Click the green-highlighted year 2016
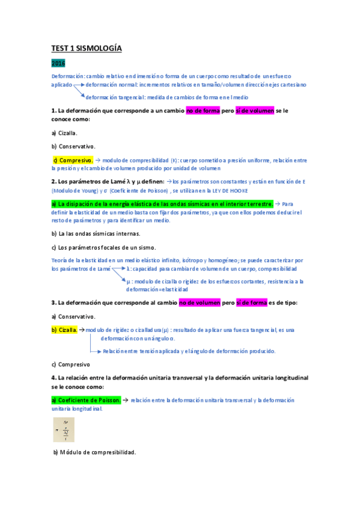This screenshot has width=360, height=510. pos(58,63)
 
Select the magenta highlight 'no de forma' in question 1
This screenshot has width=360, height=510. pos(203,111)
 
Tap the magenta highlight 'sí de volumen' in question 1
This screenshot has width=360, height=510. pos(254,111)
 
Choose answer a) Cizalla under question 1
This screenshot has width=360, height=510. pos(64,133)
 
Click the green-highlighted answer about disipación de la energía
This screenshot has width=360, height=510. pos(162,204)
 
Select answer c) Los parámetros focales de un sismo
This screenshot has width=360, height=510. pos(103,247)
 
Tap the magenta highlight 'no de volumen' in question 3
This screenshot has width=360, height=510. pos(199,303)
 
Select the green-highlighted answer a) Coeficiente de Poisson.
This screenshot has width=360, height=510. pos(87,400)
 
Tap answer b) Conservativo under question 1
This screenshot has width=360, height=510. pos(73,146)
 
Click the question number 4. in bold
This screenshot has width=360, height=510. pos(54,378)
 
